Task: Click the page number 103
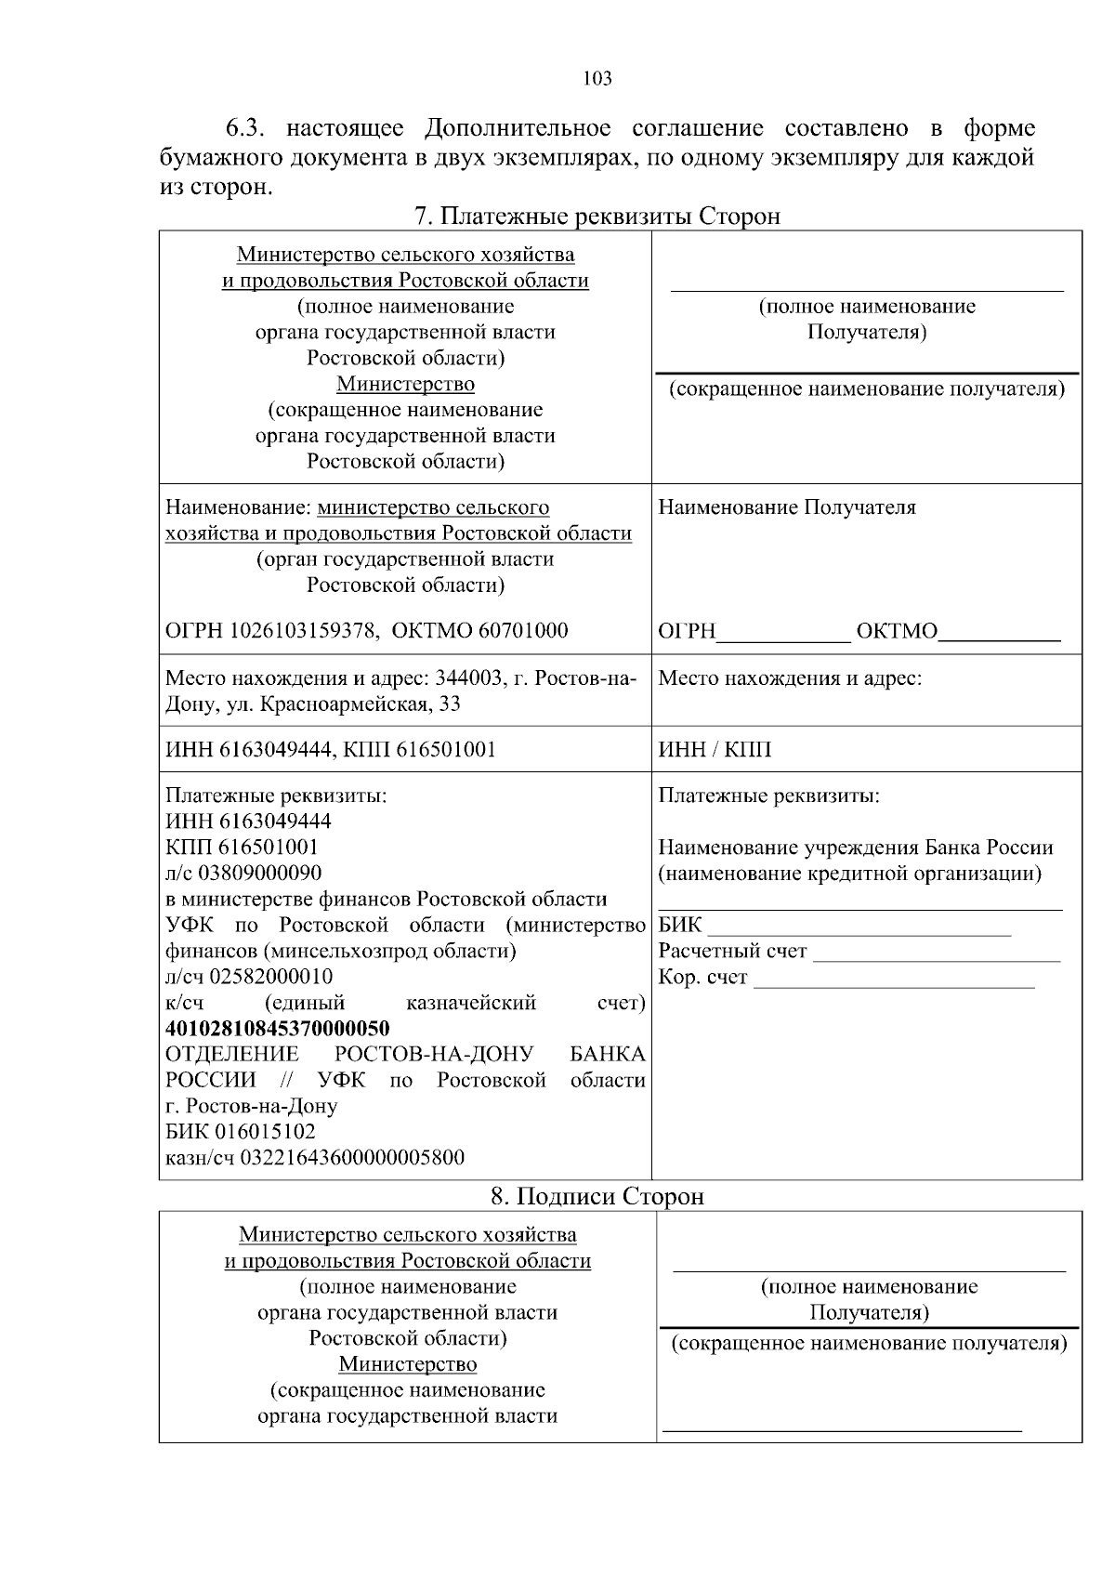(x=597, y=79)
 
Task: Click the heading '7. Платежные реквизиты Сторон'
(x=597, y=217)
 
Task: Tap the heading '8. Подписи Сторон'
(x=597, y=1197)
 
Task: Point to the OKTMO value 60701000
(x=523, y=631)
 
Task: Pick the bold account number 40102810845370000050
(x=277, y=1029)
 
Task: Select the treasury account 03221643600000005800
(x=352, y=1158)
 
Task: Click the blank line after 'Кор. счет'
(x=894, y=980)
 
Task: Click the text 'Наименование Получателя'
(x=787, y=507)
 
